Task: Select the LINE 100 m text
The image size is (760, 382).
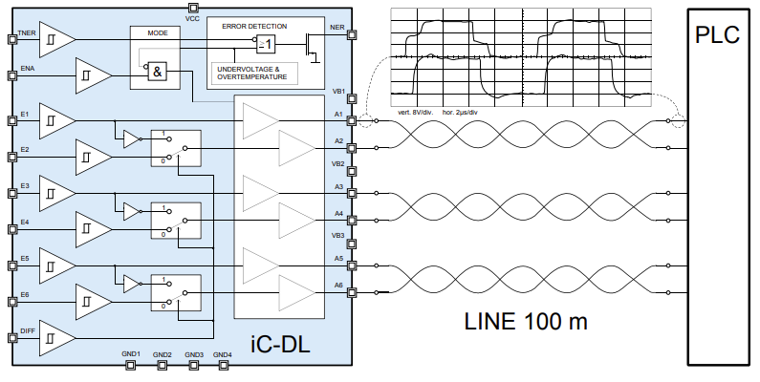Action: pyautogui.click(x=525, y=322)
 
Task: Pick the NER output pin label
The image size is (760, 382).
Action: pyautogui.click(x=337, y=28)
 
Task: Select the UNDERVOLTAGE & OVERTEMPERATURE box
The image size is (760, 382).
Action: pyautogui.click(x=255, y=73)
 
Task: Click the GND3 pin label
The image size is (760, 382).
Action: pyautogui.click(x=194, y=354)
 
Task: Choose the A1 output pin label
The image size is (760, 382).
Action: pyautogui.click(x=338, y=114)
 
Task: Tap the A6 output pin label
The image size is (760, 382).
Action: pyautogui.click(x=338, y=286)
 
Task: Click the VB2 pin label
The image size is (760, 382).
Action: pyautogui.click(x=338, y=163)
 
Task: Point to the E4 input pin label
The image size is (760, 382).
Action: pyautogui.click(x=25, y=222)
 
